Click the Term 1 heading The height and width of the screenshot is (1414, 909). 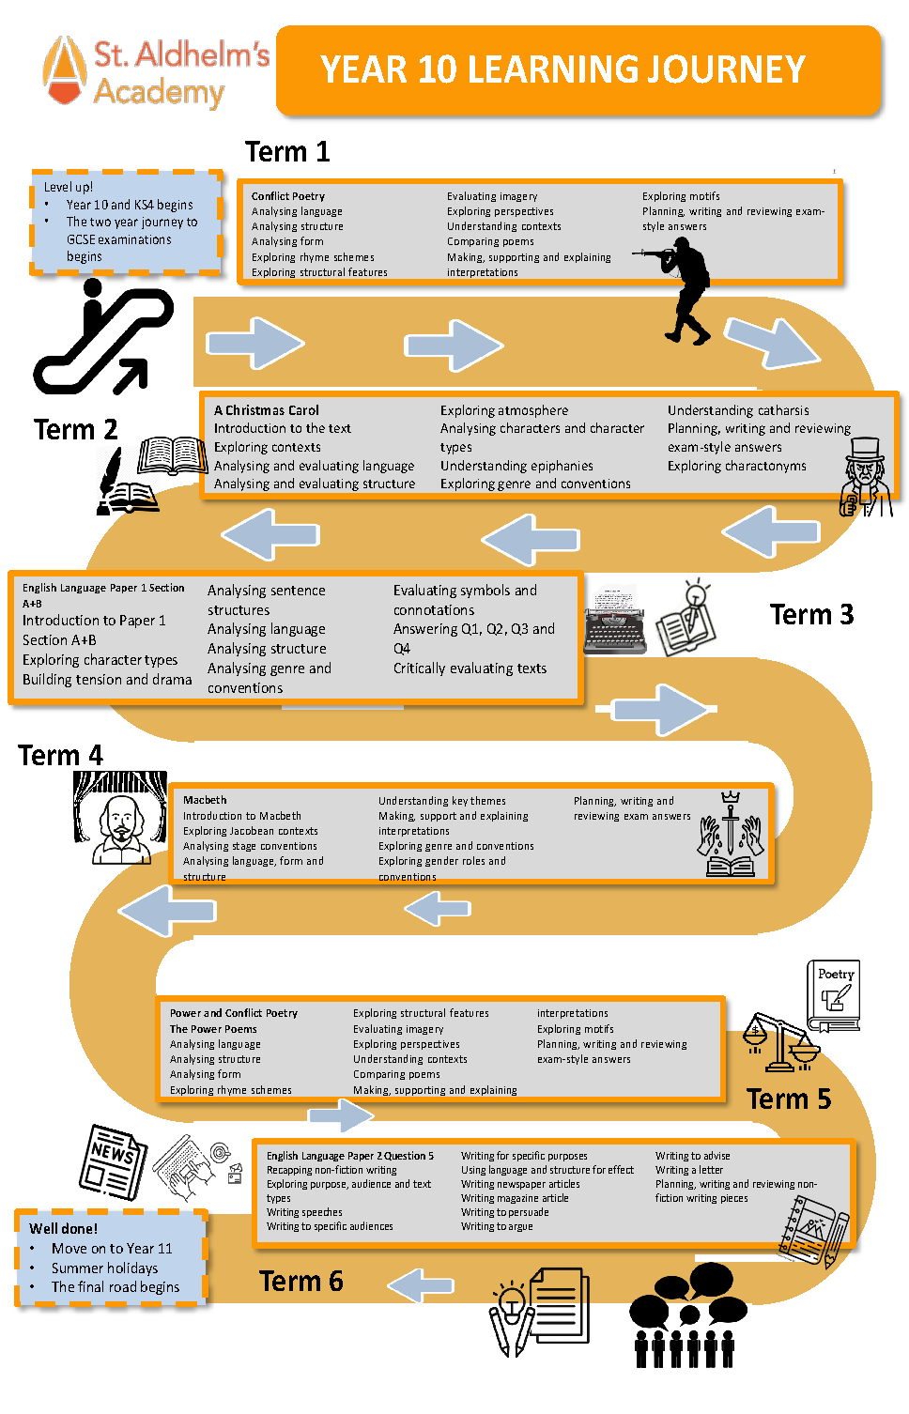tap(287, 152)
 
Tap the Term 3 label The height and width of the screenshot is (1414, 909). tap(811, 615)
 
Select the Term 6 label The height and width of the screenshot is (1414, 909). tap(300, 1282)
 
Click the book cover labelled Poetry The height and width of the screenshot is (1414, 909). tap(834, 995)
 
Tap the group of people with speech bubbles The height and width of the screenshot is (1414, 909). tap(684, 1314)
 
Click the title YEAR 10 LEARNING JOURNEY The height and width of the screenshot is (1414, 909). tap(562, 70)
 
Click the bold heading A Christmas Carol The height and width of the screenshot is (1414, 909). tap(267, 410)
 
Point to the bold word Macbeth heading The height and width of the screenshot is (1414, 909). tap(205, 800)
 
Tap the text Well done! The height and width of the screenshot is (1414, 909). tap(63, 1228)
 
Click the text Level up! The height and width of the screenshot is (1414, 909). tap(69, 187)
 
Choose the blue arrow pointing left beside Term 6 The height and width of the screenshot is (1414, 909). tap(421, 1283)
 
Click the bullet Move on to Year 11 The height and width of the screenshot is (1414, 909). tap(112, 1249)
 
